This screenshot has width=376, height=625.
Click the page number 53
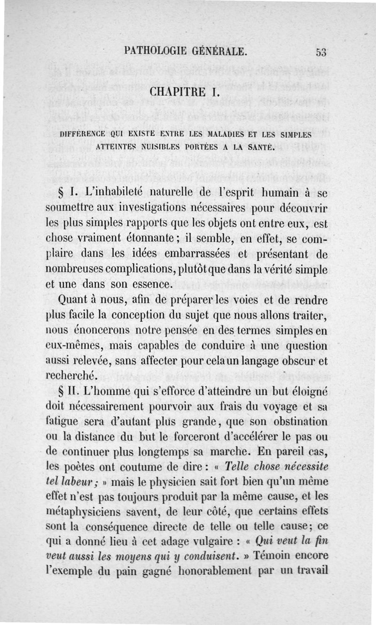(321, 52)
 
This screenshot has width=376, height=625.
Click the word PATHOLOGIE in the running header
(153, 51)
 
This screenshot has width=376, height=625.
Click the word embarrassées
(187, 254)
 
